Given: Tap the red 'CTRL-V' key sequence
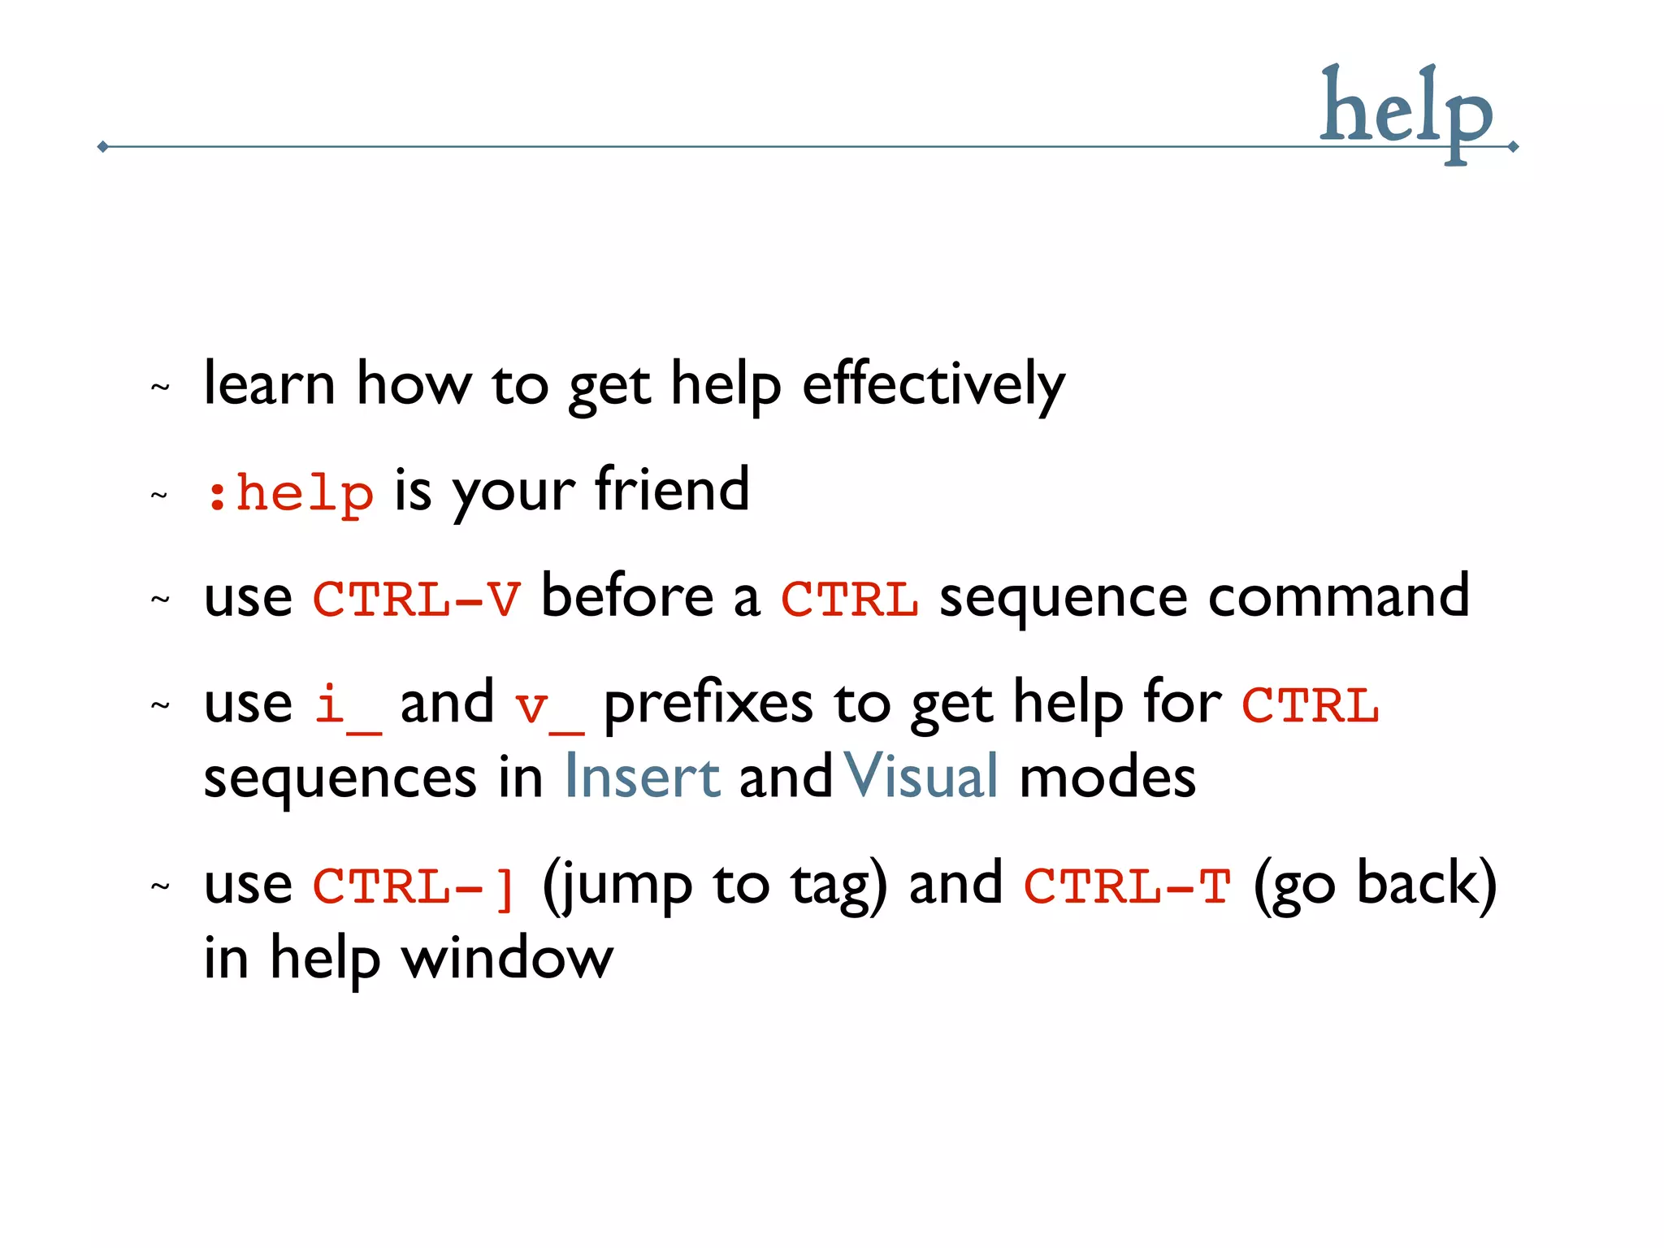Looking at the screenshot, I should pos(416,599).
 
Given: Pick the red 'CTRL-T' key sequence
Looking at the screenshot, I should pos(1127,886).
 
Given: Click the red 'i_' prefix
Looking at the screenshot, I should pos(347,705).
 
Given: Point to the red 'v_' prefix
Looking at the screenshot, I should pos(548,705).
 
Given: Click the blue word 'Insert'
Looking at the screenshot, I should pos(642,777).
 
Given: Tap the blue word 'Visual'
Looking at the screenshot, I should pos(921,777).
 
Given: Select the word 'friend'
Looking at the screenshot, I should pos(672,490).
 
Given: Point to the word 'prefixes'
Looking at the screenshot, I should pos(708,704).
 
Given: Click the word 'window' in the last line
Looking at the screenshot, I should pos(508,959).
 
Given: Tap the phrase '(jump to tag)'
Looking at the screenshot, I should pos(714,886).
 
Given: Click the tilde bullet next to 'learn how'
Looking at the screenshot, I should pos(160,388).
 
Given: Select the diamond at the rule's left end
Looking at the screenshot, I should pos(102,147).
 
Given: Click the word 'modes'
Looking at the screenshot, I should pos(1107,777).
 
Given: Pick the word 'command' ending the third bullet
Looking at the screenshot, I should pos(1338,597).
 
